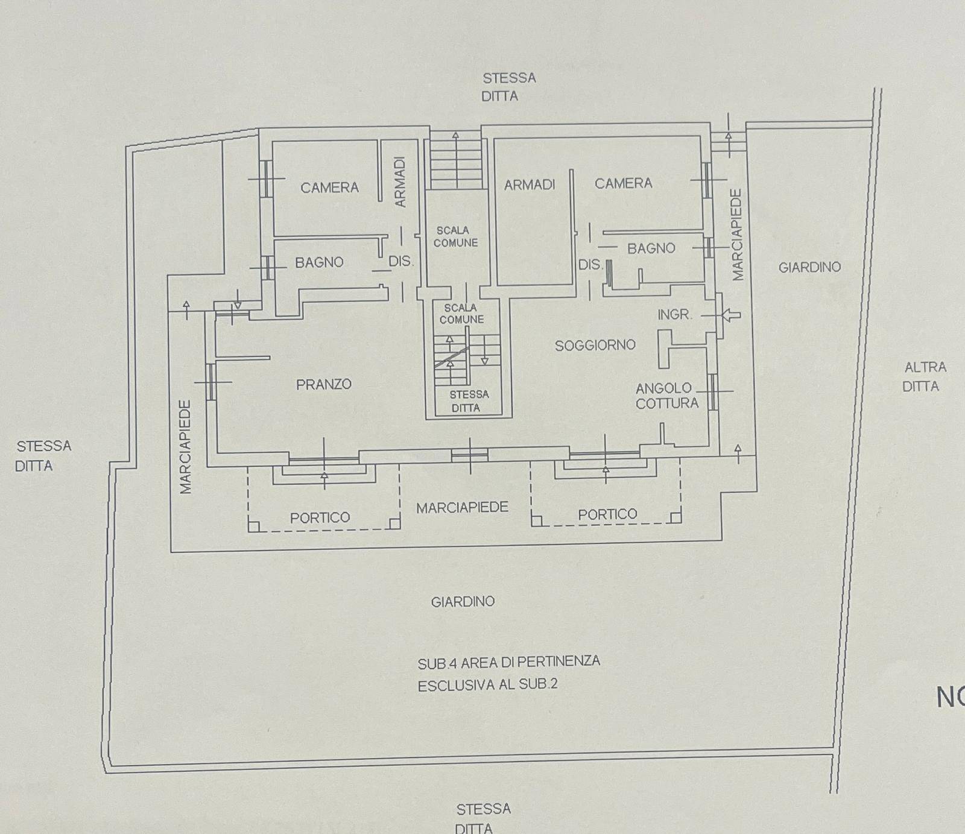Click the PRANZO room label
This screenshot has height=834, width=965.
pyautogui.click(x=324, y=384)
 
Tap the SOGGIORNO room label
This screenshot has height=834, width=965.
pyautogui.click(x=595, y=345)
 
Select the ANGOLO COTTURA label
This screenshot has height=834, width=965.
pyautogui.click(x=666, y=396)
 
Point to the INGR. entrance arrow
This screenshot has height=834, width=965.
pyautogui.click(x=731, y=314)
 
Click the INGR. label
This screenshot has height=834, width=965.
pyautogui.click(x=675, y=314)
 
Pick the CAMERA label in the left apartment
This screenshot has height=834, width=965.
pyautogui.click(x=330, y=188)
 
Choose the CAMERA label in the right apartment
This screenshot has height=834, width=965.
pyautogui.click(x=624, y=183)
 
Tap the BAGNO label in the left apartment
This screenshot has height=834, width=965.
pyautogui.click(x=319, y=262)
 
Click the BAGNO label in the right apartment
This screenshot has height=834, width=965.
pyautogui.click(x=651, y=248)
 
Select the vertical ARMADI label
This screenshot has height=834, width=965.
pyautogui.click(x=400, y=182)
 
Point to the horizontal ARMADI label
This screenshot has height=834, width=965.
pyautogui.click(x=530, y=185)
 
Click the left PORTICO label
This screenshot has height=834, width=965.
pyautogui.click(x=320, y=517)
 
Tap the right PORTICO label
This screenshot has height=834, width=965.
pyautogui.click(x=607, y=514)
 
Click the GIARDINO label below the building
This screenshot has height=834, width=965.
pyautogui.click(x=463, y=601)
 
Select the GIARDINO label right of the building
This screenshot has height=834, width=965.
pyautogui.click(x=809, y=267)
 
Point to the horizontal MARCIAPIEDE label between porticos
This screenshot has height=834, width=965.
pyautogui.click(x=463, y=508)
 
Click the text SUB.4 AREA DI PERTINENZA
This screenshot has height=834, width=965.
pyautogui.click(x=509, y=662)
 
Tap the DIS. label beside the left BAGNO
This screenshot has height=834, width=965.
pyautogui.click(x=400, y=262)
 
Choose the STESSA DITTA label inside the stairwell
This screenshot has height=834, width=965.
pyautogui.click(x=468, y=401)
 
